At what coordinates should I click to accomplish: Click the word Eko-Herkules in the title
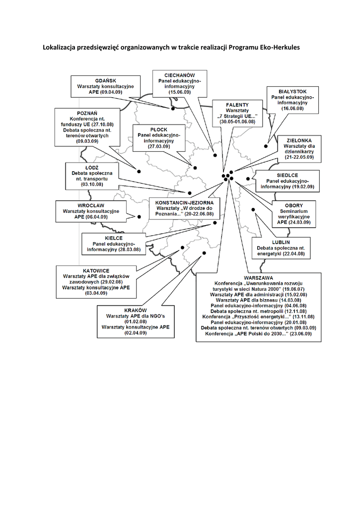click(x=280, y=47)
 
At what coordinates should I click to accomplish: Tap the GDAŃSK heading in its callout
click(x=106, y=81)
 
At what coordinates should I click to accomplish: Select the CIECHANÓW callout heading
click(x=180, y=75)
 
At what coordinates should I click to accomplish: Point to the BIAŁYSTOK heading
click(x=292, y=92)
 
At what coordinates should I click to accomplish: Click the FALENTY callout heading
click(x=237, y=105)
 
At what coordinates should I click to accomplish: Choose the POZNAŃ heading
click(x=87, y=114)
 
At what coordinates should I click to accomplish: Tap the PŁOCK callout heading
click(x=159, y=129)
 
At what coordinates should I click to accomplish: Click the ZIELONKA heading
click(x=299, y=140)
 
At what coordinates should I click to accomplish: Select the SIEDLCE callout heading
click(x=288, y=175)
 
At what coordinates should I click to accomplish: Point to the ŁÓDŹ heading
click(x=92, y=168)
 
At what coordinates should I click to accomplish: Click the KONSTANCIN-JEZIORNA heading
click(x=185, y=203)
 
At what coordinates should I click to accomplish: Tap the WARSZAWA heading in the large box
click(x=259, y=278)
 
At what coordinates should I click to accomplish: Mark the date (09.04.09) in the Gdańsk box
click(x=111, y=92)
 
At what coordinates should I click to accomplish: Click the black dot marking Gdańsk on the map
click(x=173, y=109)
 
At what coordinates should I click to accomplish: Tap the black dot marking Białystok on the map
click(x=266, y=146)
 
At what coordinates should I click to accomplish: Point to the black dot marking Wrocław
click(x=139, y=217)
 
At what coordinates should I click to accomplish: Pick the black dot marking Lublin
click(x=253, y=210)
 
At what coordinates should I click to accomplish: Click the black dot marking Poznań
click(x=139, y=171)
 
